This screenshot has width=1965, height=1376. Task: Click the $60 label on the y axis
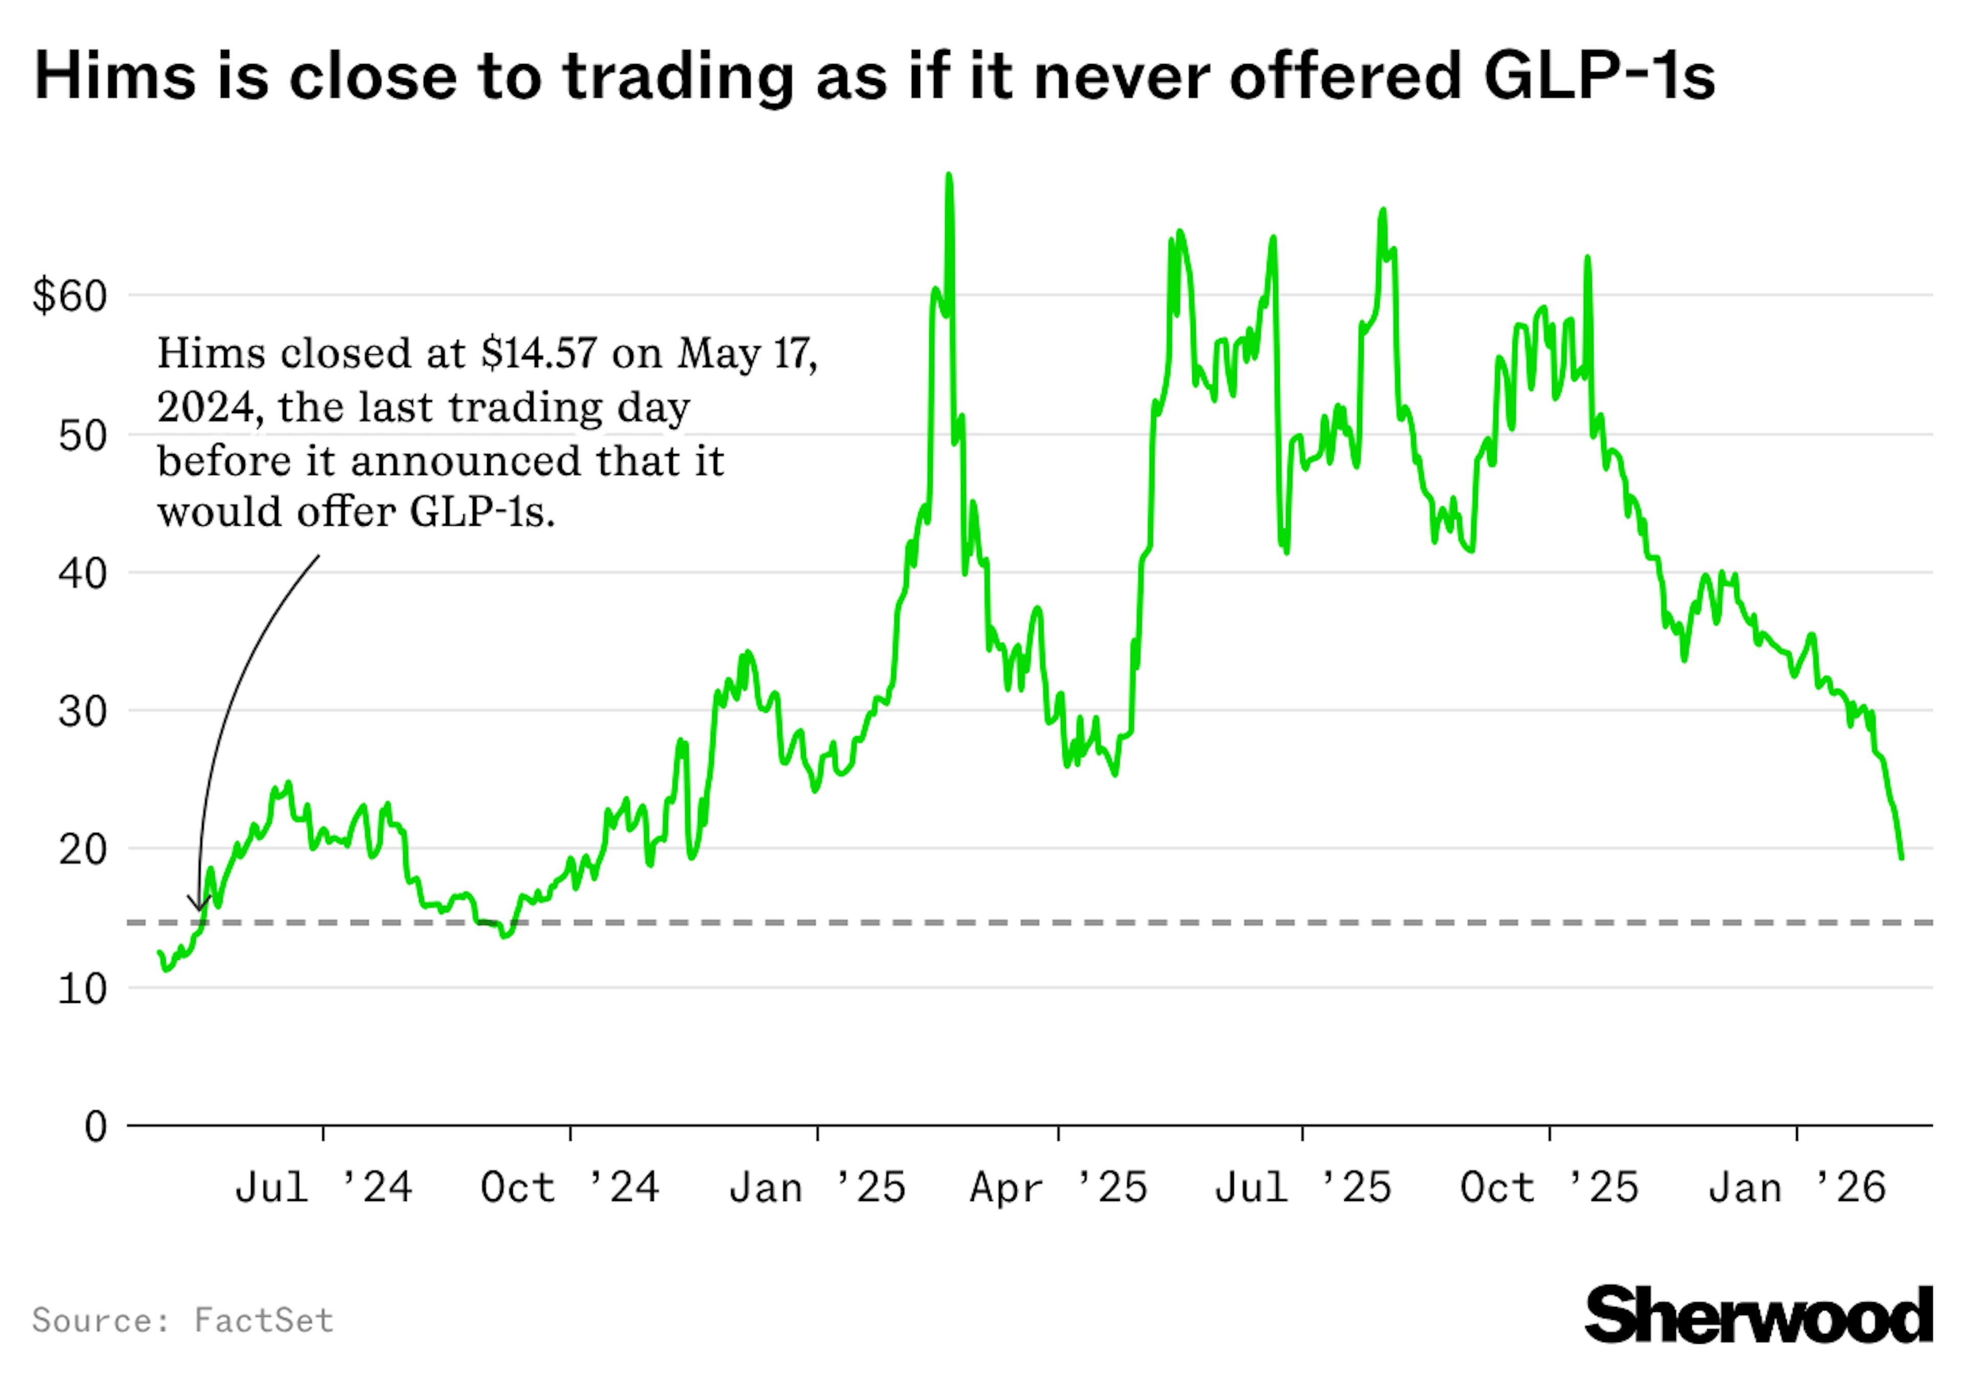click(x=70, y=296)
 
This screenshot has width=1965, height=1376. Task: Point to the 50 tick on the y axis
click(x=83, y=436)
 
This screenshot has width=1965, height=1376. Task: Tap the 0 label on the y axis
click(x=96, y=1127)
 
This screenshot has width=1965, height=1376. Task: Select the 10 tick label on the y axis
click(x=83, y=989)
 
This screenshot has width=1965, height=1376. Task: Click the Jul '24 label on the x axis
click(x=323, y=1188)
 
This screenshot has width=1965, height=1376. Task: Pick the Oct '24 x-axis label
click(x=570, y=1188)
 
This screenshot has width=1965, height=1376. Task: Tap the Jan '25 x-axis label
click(x=817, y=1188)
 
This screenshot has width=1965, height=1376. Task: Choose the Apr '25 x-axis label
click(x=1059, y=1188)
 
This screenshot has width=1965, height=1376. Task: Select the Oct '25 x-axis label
click(x=1549, y=1188)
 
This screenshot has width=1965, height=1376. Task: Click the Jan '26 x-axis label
click(x=1797, y=1188)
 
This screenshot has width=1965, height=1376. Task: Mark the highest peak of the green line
click(x=948, y=176)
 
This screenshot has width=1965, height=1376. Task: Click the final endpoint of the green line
click(x=1902, y=858)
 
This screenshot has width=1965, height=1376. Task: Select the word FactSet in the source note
click(x=264, y=1320)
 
